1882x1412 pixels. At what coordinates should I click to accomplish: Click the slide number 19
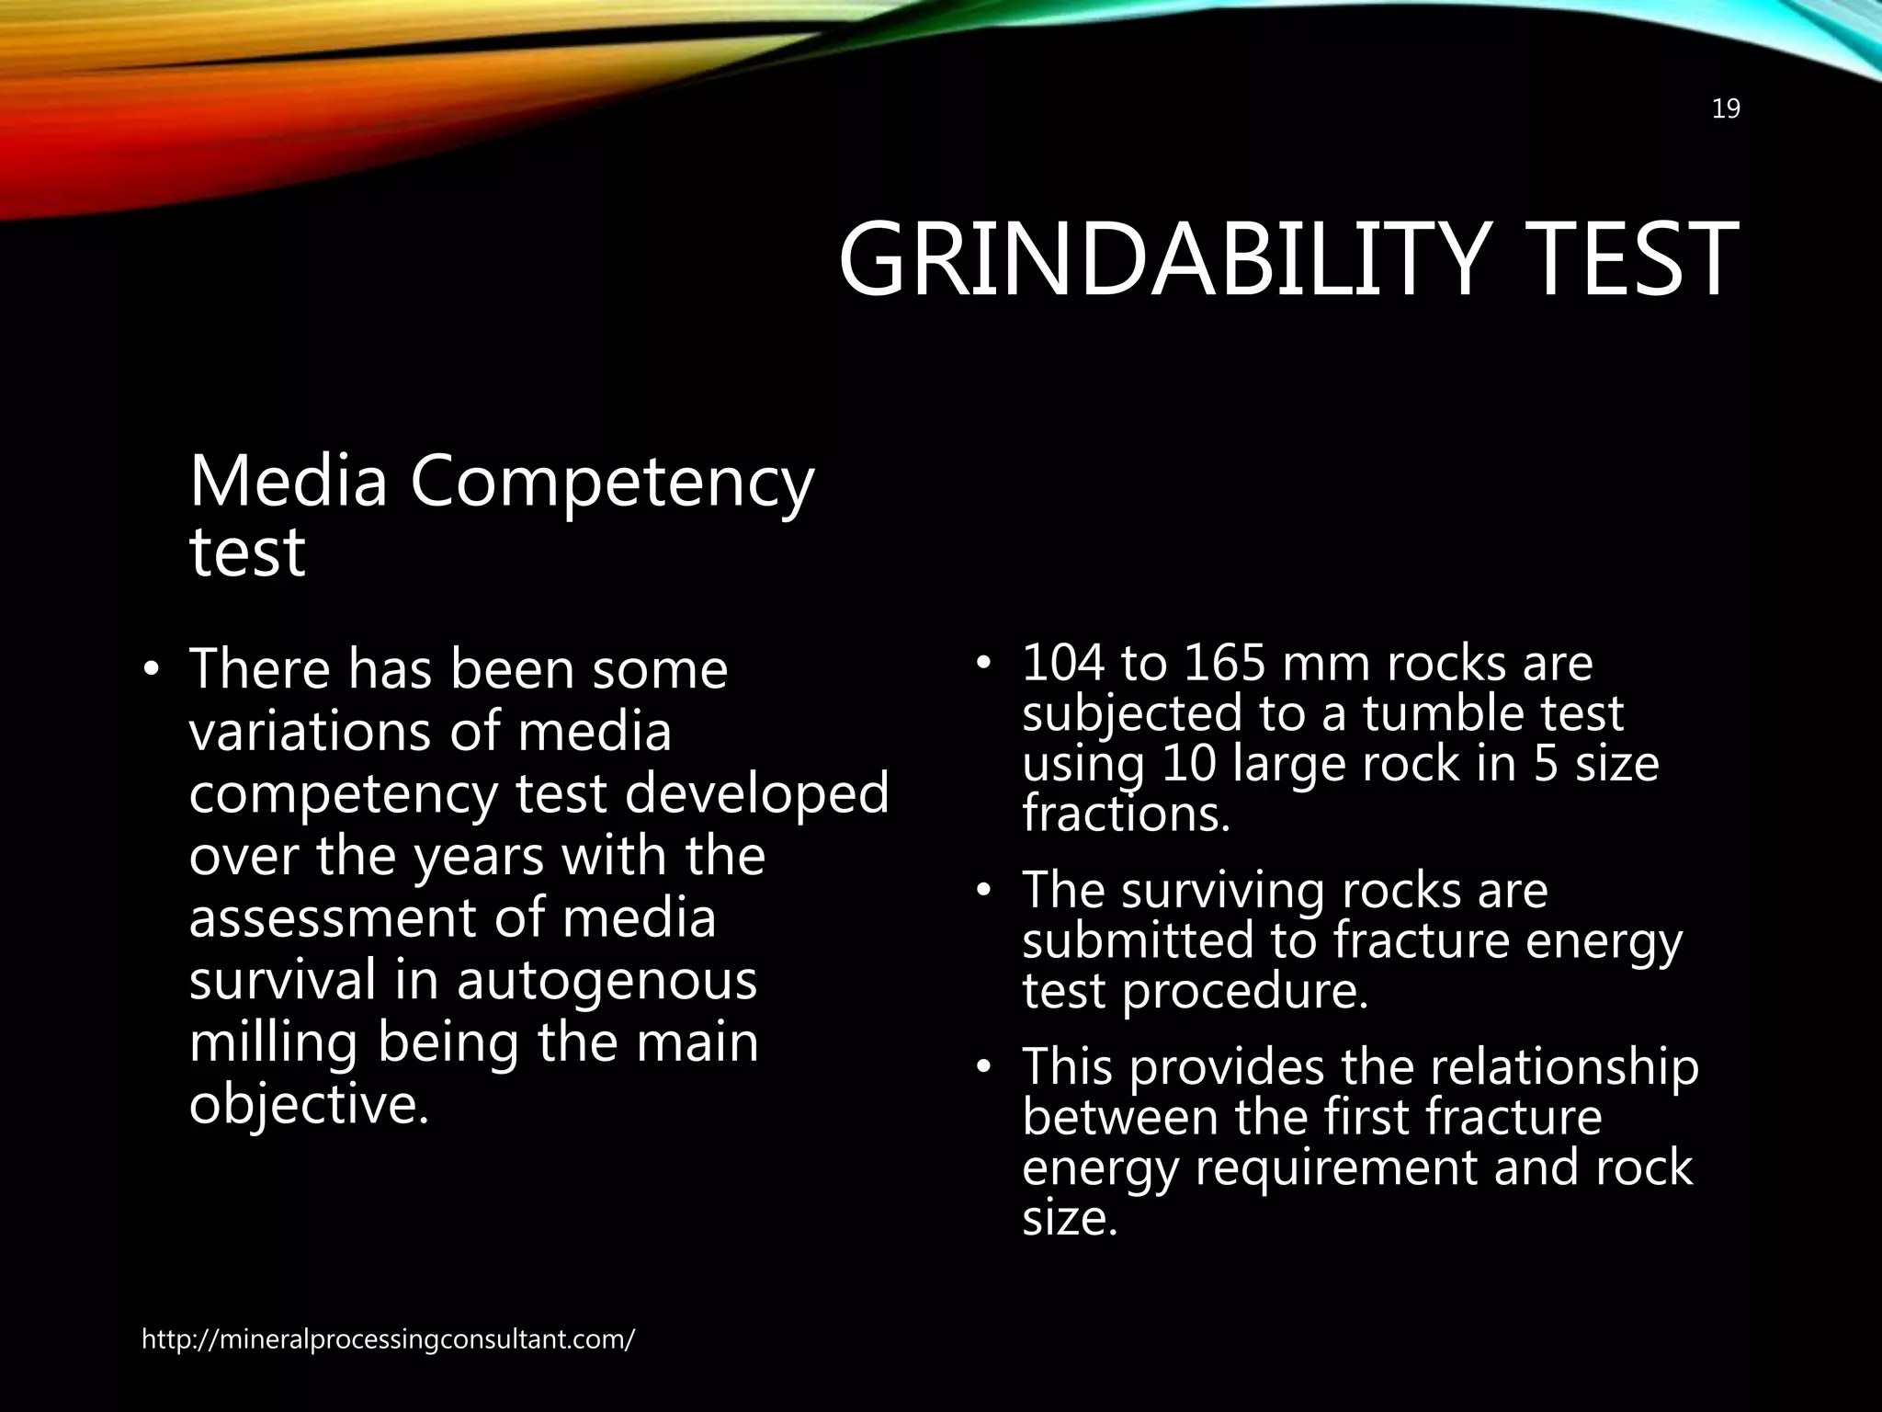click(1726, 109)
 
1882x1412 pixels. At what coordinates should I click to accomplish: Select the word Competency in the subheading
click(611, 484)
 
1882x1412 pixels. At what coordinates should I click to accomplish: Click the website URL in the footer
click(388, 1339)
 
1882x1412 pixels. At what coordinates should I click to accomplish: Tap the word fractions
click(1126, 814)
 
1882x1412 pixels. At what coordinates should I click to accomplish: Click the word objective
click(309, 1104)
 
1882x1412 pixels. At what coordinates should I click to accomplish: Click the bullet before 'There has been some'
click(152, 670)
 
